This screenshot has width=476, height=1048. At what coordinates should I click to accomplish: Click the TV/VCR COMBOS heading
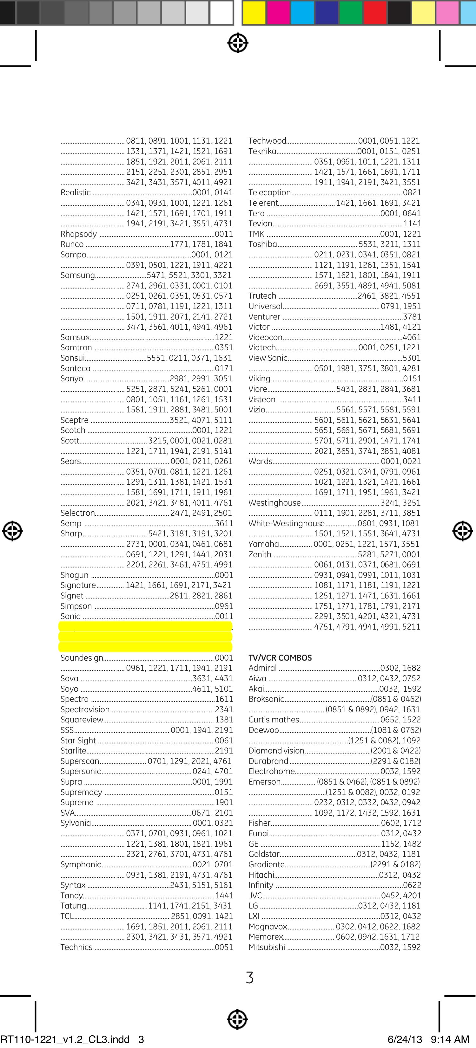(x=280, y=658)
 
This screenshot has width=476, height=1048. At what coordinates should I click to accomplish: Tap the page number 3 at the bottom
(x=250, y=977)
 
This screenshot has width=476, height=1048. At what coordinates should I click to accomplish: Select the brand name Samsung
(x=77, y=275)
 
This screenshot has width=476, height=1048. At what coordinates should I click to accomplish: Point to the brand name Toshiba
(x=263, y=244)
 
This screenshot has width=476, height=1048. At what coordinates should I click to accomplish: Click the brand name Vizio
(x=257, y=410)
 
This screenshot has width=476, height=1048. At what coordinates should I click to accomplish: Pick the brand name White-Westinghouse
(x=287, y=524)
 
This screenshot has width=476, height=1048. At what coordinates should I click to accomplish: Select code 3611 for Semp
(x=224, y=524)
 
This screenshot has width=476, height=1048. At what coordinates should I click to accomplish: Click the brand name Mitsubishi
(x=267, y=947)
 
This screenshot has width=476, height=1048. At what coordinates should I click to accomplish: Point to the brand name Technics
(x=76, y=947)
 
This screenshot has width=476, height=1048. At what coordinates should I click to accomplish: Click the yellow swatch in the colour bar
(x=255, y=12)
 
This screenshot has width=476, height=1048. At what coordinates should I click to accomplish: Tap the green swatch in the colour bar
(x=351, y=12)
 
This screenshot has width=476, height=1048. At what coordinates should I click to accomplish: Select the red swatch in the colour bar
(x=374, y=12)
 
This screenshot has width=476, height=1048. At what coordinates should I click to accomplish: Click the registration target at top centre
(x=238, y=43)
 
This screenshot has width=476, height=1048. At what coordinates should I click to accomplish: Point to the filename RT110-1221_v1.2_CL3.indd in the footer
(x=65, y=1039)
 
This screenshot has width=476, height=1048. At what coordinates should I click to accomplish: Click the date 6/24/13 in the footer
(x=405, y=1039)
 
